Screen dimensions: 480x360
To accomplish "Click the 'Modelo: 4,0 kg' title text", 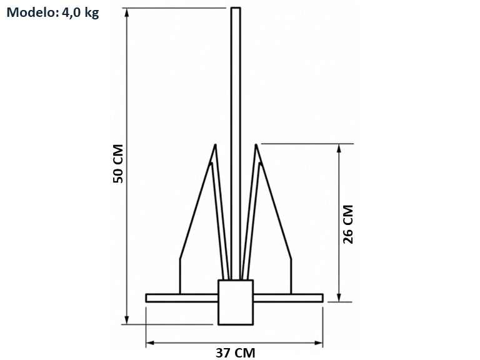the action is pos(52,13).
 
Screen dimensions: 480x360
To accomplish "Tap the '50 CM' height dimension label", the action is pos(118,164).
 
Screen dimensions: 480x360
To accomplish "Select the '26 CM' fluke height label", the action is pos(347,224).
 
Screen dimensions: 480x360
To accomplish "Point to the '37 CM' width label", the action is pos(235,352).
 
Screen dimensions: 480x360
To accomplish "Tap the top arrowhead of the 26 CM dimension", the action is pos(339,148).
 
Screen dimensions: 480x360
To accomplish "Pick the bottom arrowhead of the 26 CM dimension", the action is pos(339,297).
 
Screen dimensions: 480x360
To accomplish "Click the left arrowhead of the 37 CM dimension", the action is pos(150,343).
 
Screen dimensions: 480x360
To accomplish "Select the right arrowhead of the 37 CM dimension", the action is pos(319,343).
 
